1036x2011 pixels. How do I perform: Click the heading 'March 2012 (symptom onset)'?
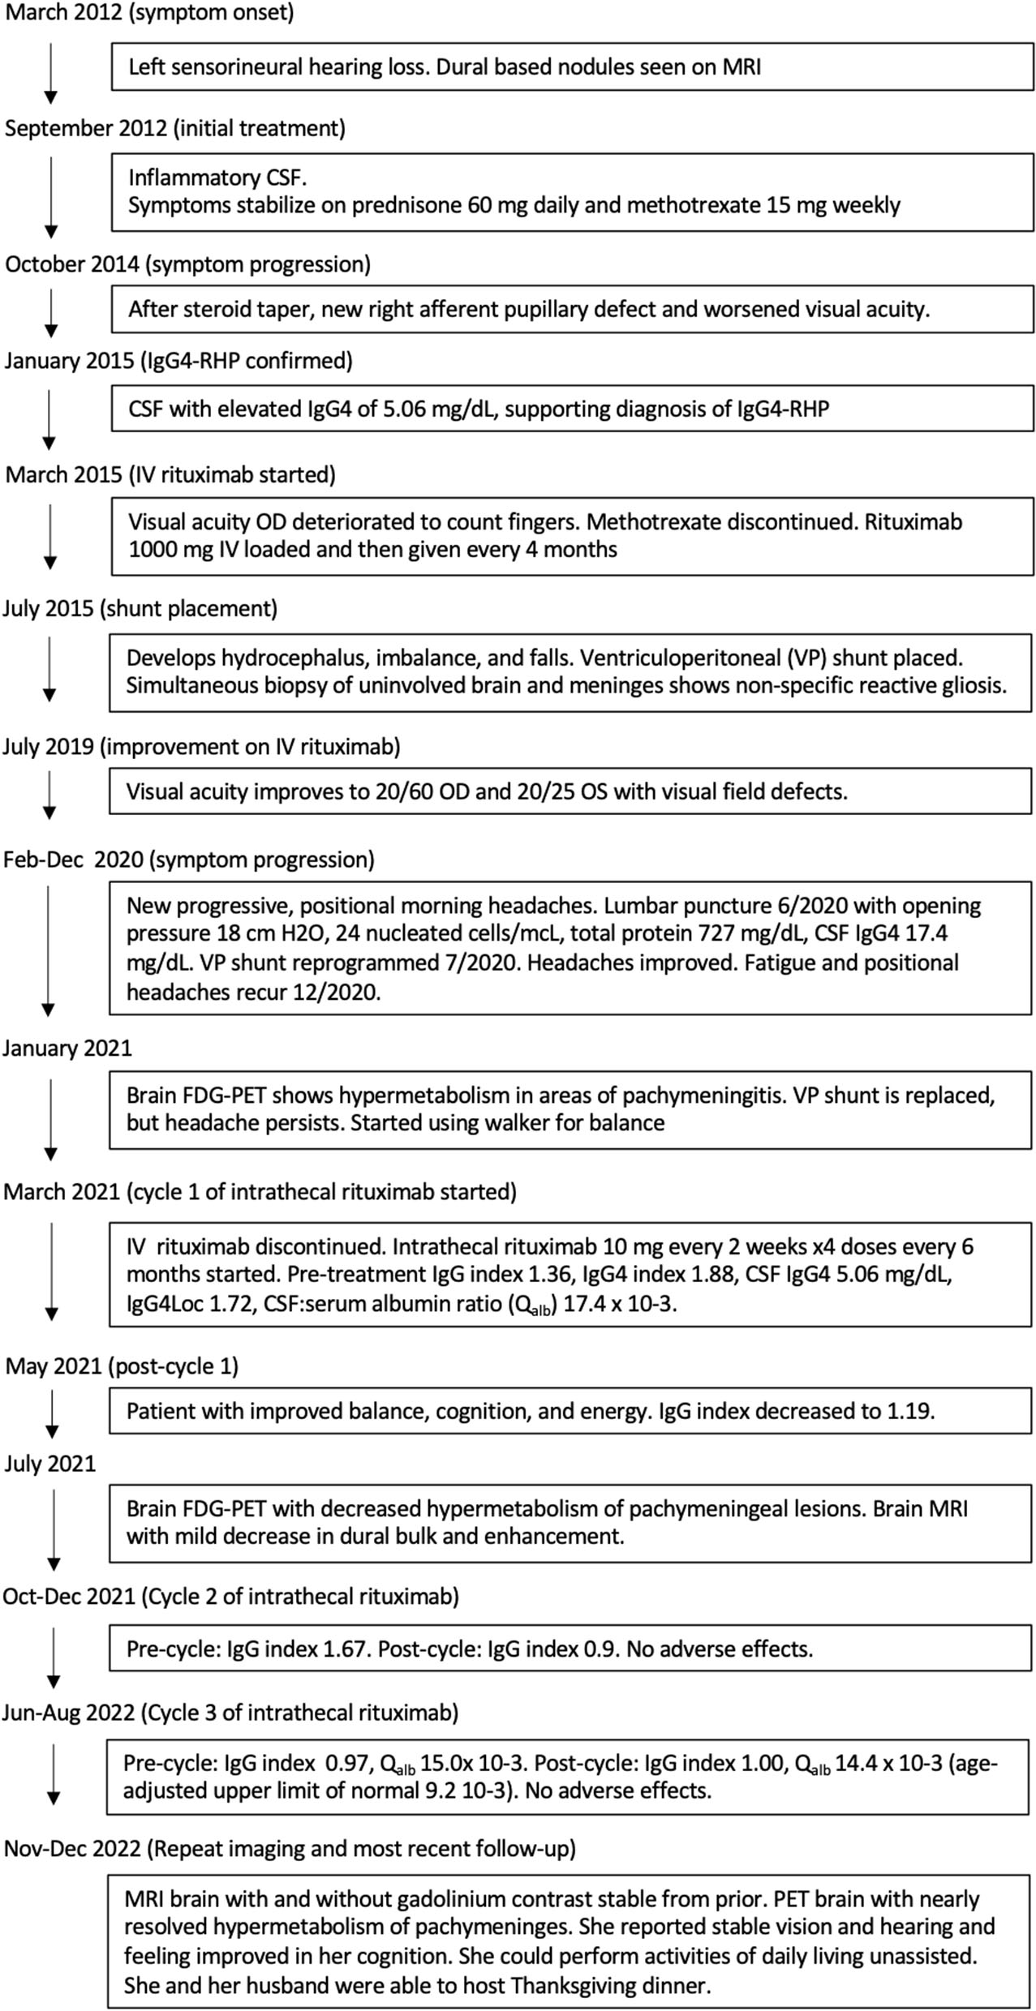click(149, 13)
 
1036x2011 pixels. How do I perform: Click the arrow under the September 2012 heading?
click(50, 197)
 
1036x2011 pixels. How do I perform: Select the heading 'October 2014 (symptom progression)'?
click(187, 264)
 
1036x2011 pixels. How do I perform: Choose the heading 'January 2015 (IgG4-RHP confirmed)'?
click(178, 361)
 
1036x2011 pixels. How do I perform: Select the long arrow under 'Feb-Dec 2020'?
click(49, 949)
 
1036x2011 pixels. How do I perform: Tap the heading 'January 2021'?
click(67, 1048)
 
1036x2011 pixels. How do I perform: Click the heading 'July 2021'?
click(49, 1463)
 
